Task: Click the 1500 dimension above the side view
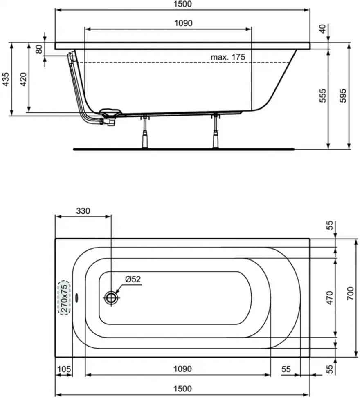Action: [183, 4]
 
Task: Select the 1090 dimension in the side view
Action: [183, 23]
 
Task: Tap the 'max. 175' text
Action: [228, 57]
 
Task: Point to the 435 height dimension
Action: [6, 79]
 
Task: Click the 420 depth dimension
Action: [23, 79]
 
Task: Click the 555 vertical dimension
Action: [322, 96]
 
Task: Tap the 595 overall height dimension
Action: [343, 96]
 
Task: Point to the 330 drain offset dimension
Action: [83, 211]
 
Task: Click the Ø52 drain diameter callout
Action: [133, 279]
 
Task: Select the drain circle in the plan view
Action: [111, 297]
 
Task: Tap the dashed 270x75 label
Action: [65, 298]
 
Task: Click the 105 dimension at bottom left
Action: [64, 369]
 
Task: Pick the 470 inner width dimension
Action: [329, 298]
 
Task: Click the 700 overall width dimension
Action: [350, 293]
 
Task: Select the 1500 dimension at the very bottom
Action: [182, 389]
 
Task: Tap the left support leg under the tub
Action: [145, 132]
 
